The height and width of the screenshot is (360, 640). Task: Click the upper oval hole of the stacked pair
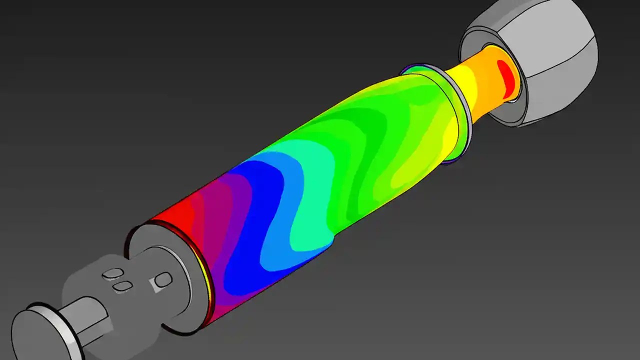(112, 274)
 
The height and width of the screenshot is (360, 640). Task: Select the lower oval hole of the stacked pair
(122, 286)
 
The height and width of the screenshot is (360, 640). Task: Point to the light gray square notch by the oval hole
(153, 285)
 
